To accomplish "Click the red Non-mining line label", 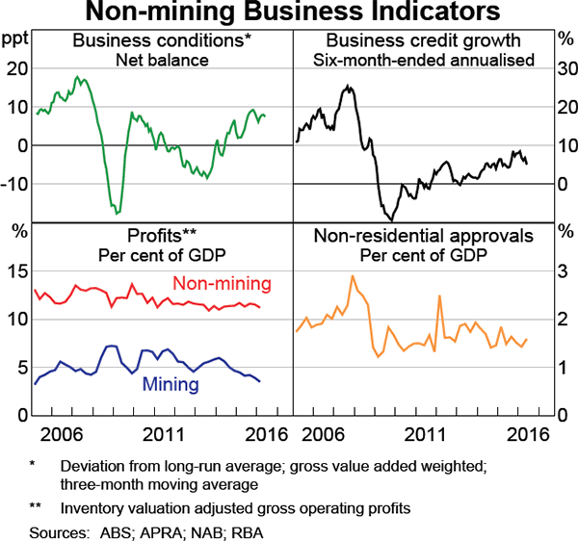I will pos(222,284).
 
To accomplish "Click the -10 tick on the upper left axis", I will pos(16,184).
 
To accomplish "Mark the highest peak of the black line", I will pos(348,87).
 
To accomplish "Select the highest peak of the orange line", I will pos(353,276).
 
